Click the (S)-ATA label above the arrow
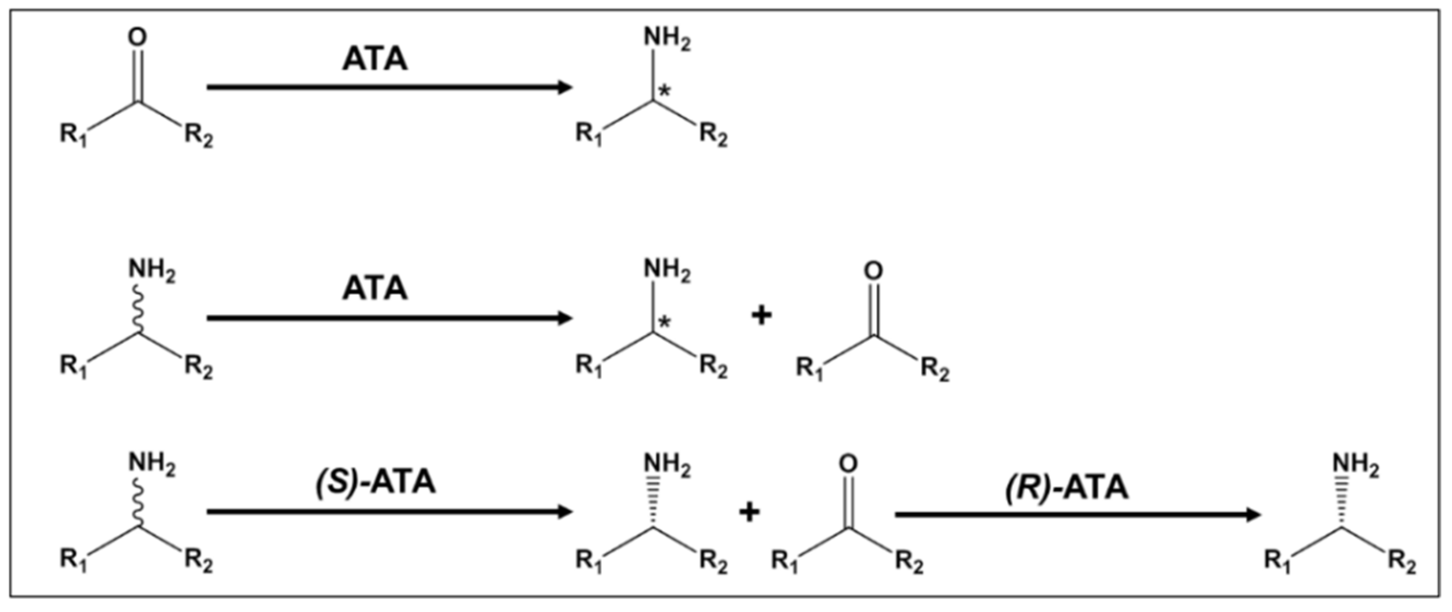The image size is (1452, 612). coord(375,482)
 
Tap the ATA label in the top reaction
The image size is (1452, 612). coord(375,59)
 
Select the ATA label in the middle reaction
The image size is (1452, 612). coord(375,288)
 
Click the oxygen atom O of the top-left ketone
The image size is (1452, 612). coord(137,38)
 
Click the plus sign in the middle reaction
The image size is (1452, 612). coord(762,316)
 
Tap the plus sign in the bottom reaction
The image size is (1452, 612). coord(749,513)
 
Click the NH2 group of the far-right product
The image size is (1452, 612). coord(1355,467)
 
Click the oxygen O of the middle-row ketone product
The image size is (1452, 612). coord(873,271)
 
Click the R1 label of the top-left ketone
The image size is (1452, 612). coord(74,136)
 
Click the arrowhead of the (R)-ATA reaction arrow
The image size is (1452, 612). coord(1252,514)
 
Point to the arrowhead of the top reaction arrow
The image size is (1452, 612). coord(564,87)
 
